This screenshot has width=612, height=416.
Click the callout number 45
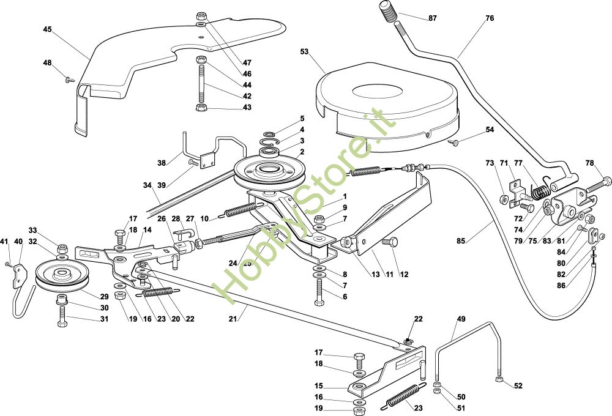tap(47, 29)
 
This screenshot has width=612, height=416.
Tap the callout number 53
tap(304, 51)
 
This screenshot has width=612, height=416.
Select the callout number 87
tap(433, 18)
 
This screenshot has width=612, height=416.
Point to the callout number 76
tap(490, 18)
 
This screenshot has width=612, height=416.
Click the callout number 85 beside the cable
tap(461, 241)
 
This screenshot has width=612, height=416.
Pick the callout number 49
tap(461, 319)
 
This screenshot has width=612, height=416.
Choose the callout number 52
tap(518, 386)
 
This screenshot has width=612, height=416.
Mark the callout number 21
tap(233, 319)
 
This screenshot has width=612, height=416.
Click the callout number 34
tap(147, 185)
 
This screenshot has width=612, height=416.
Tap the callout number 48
tap(47, 63)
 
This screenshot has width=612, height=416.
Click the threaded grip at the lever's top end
tap(388, 12)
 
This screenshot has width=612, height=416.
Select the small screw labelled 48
tap(70, 80)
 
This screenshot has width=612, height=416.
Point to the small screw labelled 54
tap(453, 143)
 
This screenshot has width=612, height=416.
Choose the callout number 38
tap(162, 163)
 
